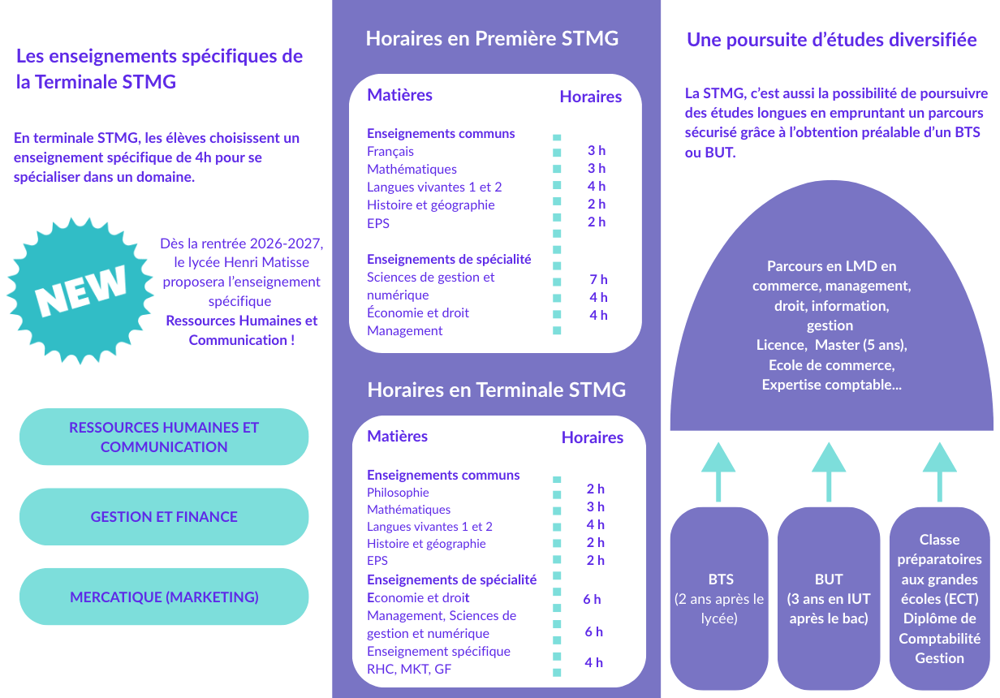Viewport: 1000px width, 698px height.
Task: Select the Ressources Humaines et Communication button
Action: tap(164, 437)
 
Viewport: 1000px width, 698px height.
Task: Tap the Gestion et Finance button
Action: tap(164, 517)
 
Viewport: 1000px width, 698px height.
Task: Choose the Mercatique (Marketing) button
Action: tap(164, 597)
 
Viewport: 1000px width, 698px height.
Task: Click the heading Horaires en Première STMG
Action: tap(492, 38)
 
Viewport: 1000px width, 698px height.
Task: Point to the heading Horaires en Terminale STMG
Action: tap(496, 390)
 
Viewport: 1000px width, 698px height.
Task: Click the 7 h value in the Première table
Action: tap(598, 279)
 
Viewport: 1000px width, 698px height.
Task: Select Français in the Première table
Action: tap(390, 151)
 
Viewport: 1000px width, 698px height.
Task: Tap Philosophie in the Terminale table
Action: tap(398, 493)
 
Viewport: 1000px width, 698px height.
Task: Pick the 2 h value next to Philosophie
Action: tap(595, 489)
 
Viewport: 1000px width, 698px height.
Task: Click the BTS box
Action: tap(719, 598)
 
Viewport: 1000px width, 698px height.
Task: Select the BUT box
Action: tap(829, 598)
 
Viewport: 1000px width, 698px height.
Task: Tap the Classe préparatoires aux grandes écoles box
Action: tap(939, 598)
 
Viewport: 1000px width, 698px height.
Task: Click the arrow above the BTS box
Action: tap(718, 472)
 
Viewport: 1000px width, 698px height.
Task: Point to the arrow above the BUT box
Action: tap(829, 472)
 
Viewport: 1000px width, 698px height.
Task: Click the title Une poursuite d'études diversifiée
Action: tap(831, 40)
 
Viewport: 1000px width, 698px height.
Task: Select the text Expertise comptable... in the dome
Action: tap(831, 385)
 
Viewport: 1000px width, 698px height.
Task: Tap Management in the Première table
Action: tap(404, 330)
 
